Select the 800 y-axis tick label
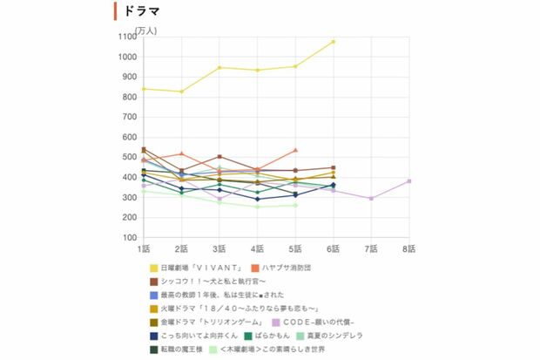coord(128,97)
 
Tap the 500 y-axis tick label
coord(128,157)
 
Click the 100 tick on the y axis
coord(128,237)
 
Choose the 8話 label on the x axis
coord(408,249)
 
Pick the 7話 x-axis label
coord(371,249)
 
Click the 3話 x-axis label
coord(219,249)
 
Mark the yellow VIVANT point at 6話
coord(333,42)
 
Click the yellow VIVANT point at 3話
coord(219,68)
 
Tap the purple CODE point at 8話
coord(408,181)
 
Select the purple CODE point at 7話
coord(371,199)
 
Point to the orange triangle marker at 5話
coord(295,150)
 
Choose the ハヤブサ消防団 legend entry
coord(287,268)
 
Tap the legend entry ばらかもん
coord(277,336)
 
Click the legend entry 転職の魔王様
coord(184,350)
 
